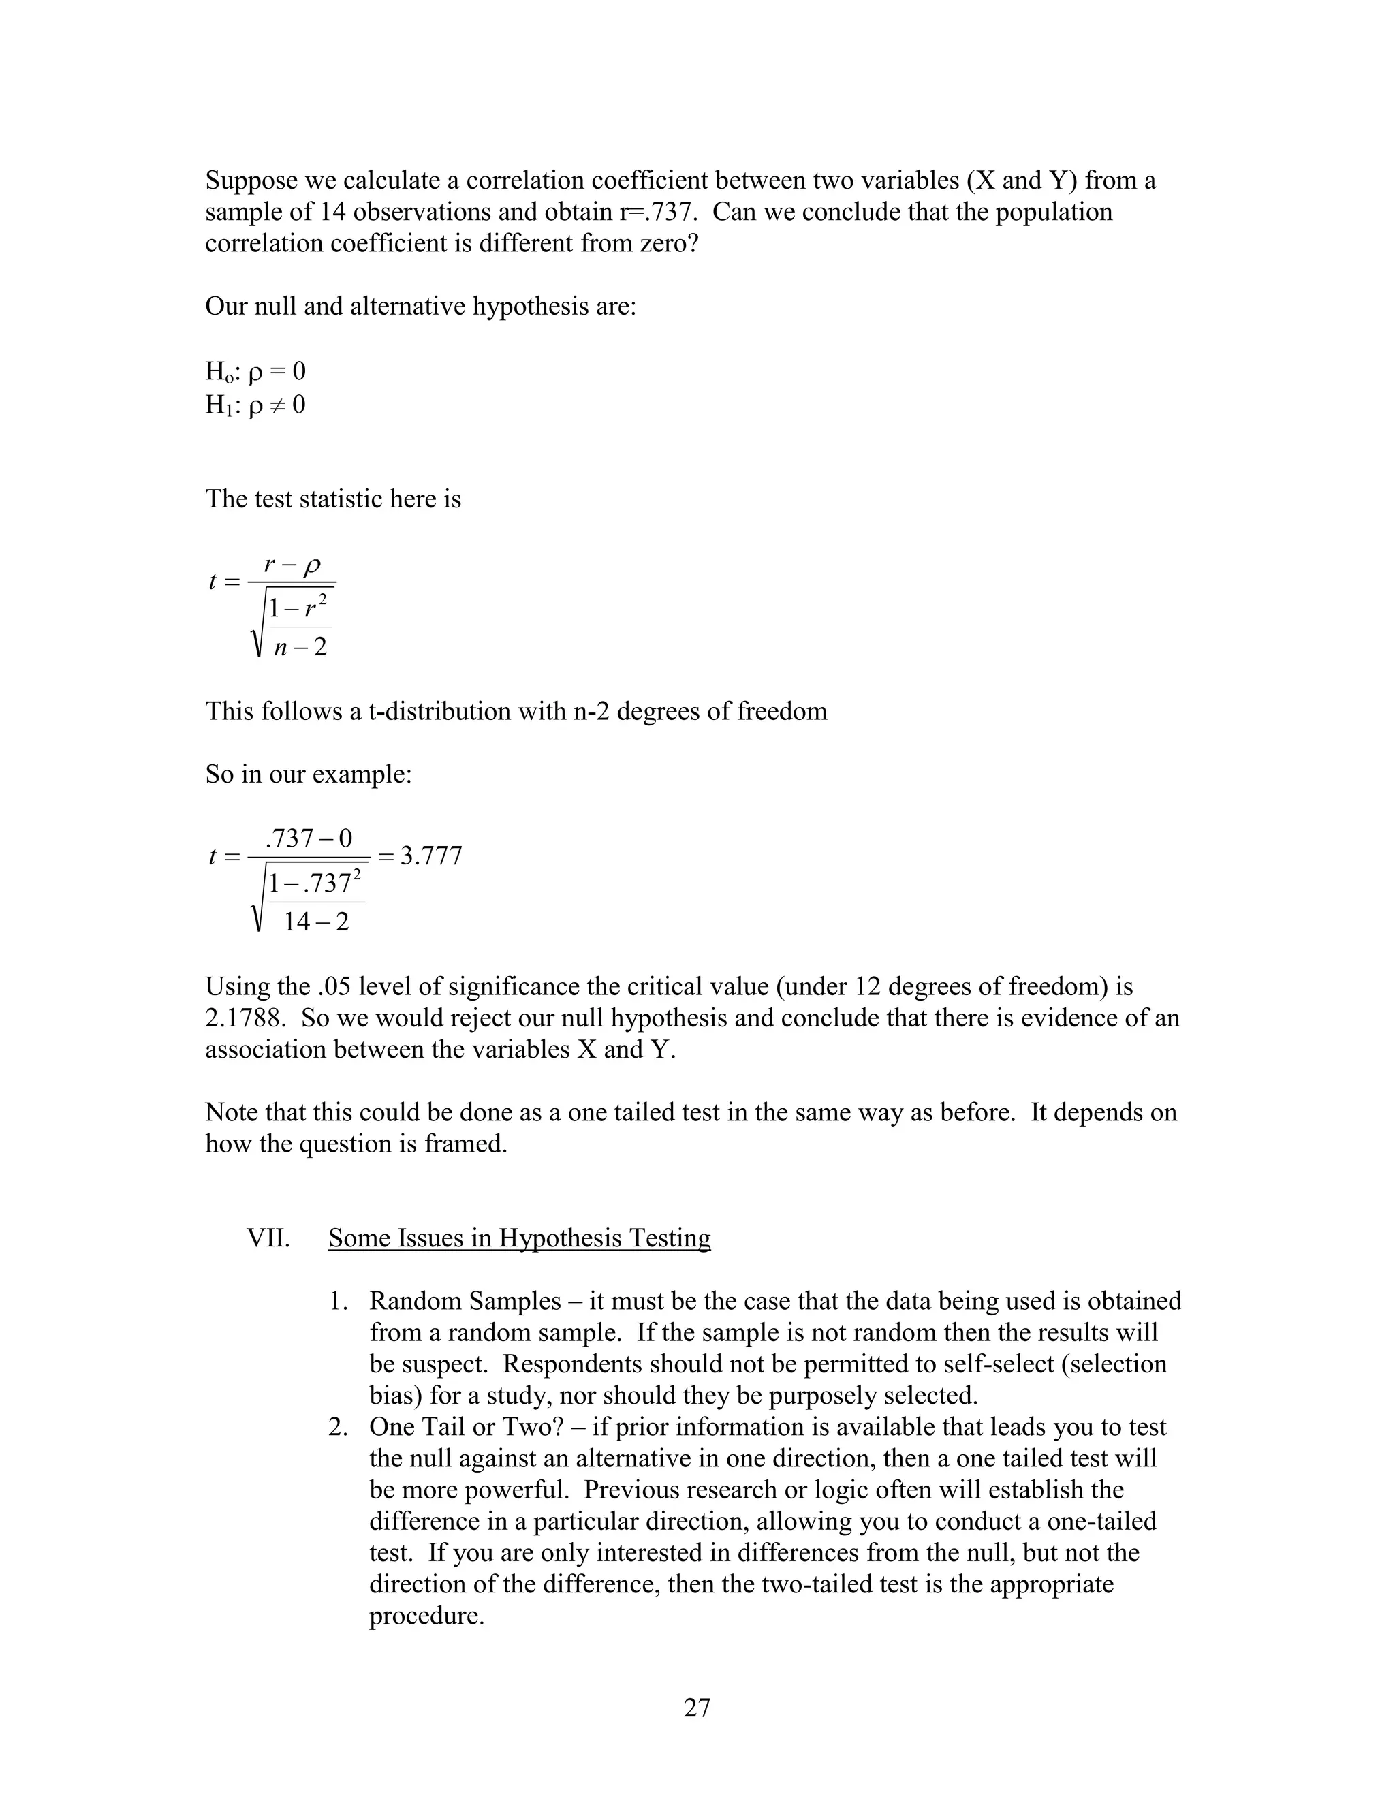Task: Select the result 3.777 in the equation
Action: click(431, 856)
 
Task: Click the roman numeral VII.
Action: click(268, 1238)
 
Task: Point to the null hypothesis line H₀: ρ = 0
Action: click(255, 372)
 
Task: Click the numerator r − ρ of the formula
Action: click(292, 565)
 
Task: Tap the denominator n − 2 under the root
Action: click(300, 646)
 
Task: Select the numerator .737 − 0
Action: click(309, 839)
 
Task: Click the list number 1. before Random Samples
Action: click(338, 1302)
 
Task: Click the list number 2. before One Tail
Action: click(338, 1427)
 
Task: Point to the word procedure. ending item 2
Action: click(426, 1616)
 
